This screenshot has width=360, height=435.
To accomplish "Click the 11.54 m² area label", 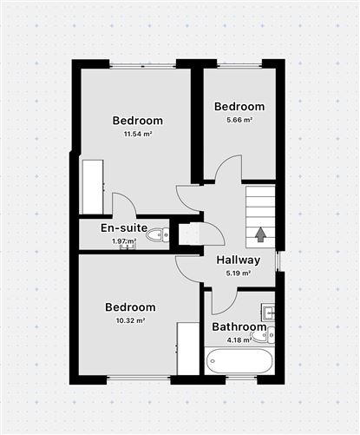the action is click(138, 134).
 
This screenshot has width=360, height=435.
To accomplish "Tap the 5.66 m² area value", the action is click(239, 120).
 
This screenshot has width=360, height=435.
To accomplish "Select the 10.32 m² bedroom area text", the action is click(130, 320).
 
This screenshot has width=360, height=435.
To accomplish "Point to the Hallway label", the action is click(239, 260).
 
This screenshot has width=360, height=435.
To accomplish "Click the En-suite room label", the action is click(124, 227).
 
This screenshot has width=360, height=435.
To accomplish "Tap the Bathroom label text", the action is click(239, 327).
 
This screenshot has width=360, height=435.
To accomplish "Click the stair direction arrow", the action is click(261, 234).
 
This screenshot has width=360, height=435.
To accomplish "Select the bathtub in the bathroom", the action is click(239, 361).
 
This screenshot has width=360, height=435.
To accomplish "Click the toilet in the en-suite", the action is click(158, 234).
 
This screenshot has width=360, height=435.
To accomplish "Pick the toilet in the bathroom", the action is click(263, 336).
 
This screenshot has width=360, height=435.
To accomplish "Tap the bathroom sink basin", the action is click(268, 313).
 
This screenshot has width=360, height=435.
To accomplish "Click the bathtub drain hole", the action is click(213, 361).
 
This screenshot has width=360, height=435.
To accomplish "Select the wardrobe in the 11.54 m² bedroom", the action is click(93, 187).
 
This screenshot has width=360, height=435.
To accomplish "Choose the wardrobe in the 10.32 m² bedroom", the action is click(188, 348).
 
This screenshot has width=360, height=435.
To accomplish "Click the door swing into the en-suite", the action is click(124, 204).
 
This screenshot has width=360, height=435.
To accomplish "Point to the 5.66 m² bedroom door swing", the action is click(228, 168).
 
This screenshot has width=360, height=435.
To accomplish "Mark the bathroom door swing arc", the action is click(225, 301).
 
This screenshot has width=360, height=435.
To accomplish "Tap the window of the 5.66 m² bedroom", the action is click(239, 65).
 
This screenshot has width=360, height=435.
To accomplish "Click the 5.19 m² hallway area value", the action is click(239, 273).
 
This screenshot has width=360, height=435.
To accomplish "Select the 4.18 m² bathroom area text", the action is click(239, 340).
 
